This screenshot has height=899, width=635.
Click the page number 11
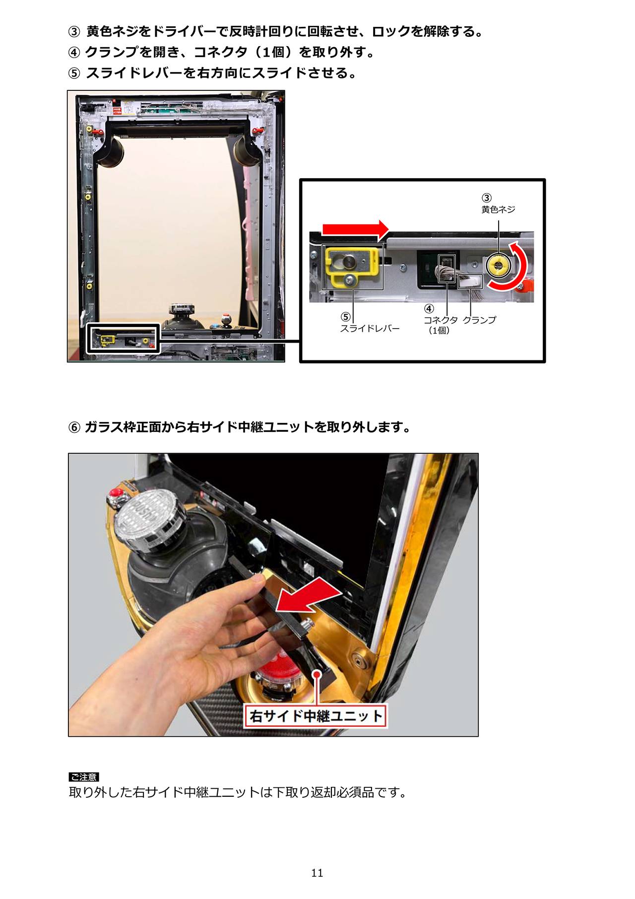(x=317, y=873)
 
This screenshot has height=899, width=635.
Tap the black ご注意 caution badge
(x=84, y=777)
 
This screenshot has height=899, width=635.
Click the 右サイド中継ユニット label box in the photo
(x=315, y=716)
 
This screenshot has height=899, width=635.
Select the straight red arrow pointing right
(x=355, y=229)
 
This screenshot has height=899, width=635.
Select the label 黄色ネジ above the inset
(x=498, y=209)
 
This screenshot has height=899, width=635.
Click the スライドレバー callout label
(x=370, y=329)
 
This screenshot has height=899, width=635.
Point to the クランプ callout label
(x=479, y=320)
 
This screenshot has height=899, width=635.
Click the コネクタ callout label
(x=441, y=320)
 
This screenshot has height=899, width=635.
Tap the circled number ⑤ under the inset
(x=345, y=317)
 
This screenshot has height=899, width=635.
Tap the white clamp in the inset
(x=470, y=281)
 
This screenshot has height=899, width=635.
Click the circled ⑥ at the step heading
(x=74, y=427)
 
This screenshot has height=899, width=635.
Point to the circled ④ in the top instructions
(x=74, y=52)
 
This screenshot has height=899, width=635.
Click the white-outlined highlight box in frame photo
(x=123, y=339)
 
